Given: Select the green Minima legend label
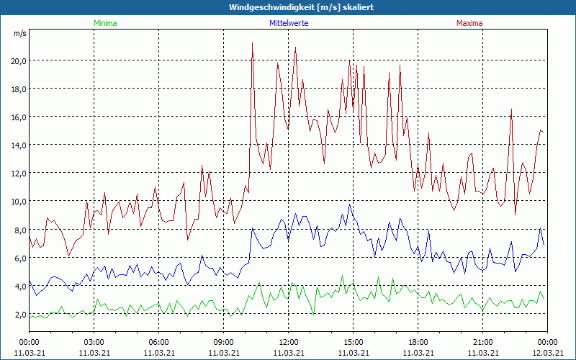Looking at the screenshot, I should [104, 23].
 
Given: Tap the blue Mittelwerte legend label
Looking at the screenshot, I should [288, 23].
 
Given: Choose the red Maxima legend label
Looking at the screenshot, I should [469, 23].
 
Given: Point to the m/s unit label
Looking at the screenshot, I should [20, 34].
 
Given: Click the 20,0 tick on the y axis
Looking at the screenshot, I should [18, 60].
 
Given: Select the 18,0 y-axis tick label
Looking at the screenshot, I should [18, 89].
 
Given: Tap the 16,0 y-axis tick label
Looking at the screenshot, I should [18, 117].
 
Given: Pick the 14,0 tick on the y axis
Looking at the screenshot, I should [18, 145].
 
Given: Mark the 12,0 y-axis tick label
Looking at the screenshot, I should [18, 173].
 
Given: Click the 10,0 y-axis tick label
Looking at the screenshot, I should [18, 201].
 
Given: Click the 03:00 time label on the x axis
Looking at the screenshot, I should [94, 341].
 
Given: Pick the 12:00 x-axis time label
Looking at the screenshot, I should [288, 341].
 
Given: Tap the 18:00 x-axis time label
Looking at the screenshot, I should [418, 341].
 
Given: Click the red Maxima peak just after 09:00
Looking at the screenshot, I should [252, 43].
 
